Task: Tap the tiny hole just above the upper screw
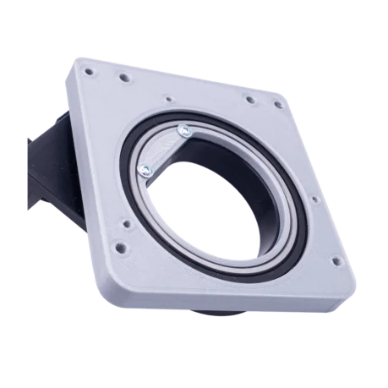pos(169,99)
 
